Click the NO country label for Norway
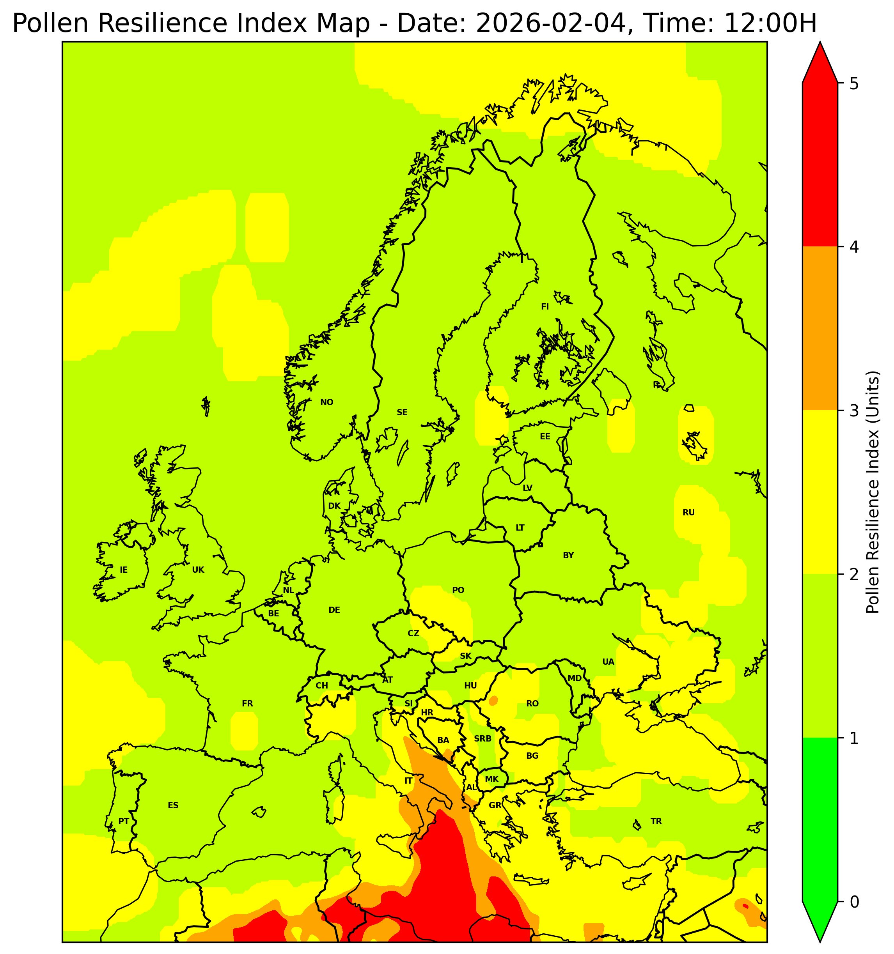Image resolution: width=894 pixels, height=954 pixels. point(326,402)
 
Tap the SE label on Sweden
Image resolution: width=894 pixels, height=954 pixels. point(402,412)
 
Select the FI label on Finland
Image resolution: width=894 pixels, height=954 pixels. point(545,307)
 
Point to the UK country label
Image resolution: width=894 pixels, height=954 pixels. point(198,570)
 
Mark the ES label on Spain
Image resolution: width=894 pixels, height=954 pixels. point(173,805)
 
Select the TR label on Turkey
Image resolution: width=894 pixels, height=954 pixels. point(656,821)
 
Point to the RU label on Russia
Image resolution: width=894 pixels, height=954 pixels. point(688,513)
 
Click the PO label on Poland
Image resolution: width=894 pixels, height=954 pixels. point(458,590)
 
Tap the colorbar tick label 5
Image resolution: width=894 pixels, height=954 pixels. point(854,84)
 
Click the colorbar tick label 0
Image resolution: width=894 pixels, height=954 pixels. point(854,902)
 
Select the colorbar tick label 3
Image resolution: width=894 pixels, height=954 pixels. point(854,411)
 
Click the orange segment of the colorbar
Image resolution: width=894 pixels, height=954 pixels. point(819,329)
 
